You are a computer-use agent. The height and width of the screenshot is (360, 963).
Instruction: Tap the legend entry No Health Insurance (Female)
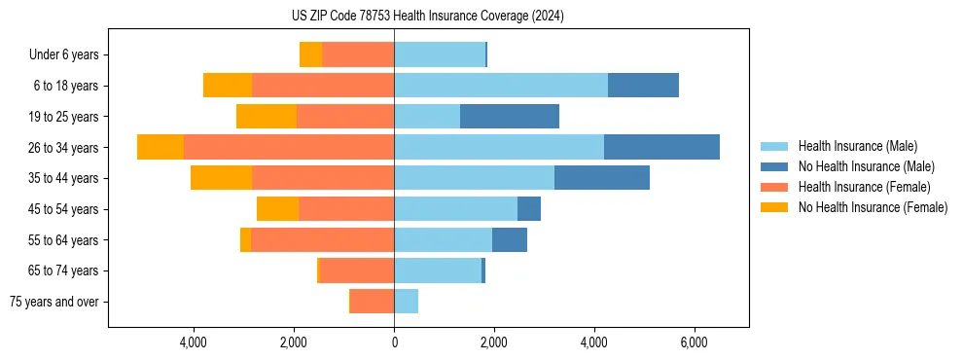click(873, 207)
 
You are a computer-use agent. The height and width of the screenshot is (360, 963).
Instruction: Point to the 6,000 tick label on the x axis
click(694, 342)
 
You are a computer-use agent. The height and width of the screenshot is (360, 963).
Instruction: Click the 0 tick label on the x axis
click(394, 342)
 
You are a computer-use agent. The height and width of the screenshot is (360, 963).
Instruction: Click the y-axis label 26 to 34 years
click(63, 148)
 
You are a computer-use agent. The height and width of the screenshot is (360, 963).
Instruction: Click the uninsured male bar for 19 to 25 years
click(509, 117)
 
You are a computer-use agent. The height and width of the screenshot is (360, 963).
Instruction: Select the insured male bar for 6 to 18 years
click(501, 86)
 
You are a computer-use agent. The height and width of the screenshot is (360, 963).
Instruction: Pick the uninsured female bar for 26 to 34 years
click(160, 147)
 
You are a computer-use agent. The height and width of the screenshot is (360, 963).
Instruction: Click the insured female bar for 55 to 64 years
click(322, 239)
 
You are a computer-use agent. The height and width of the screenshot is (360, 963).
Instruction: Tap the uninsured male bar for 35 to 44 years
click(601, 178)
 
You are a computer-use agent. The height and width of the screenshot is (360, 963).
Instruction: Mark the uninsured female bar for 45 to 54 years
click(277, 209)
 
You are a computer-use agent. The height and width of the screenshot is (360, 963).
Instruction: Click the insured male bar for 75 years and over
click(406, 302)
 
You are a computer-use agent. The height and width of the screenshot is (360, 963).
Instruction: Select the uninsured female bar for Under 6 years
click(310, 54)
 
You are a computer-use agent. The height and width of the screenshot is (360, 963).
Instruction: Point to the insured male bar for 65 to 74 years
click(438, 270)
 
